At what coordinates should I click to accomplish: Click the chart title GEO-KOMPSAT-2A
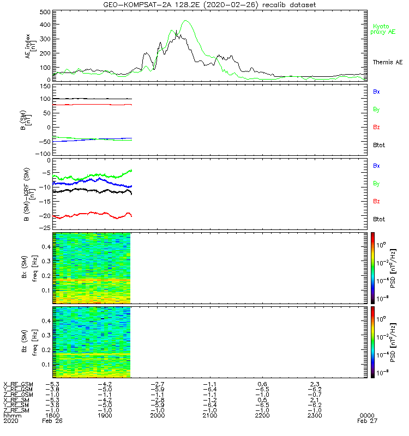[x=130, y=5]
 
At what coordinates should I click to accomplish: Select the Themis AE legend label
[x=387, y=62]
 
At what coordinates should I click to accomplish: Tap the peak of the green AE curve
[x=186, y=21]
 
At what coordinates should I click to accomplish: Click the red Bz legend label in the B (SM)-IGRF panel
[x=376, y=202]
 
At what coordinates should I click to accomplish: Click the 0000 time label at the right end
[x=365, y=415]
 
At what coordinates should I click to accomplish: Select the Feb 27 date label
[x=365, y=421]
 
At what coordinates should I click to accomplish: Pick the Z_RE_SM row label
[x=18, y=410]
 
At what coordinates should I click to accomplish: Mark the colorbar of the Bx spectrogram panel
[x=372, y=267]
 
